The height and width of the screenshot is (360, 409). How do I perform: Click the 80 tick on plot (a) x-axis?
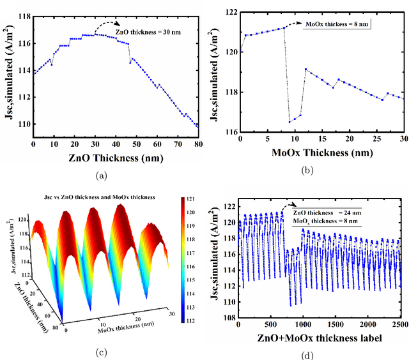click(x=199, y=145)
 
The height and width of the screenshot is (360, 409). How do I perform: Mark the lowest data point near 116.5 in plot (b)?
click(x=289, y=121)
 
